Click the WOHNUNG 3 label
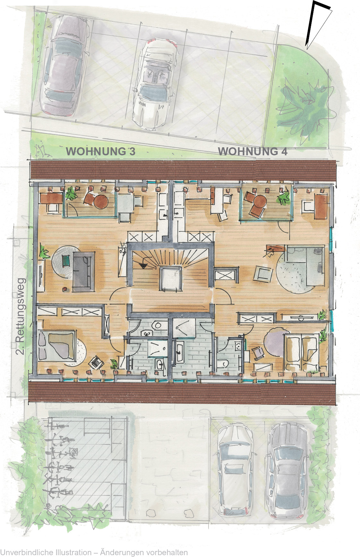coord(100,151)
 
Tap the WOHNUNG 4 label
coord(253,151)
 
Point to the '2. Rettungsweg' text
coord(20,316)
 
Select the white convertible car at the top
coord(155,84)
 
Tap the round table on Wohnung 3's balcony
coord(101,201)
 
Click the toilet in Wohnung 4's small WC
coord(225,364)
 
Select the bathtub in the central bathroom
coord(179,352)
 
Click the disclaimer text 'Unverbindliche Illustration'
coord(46,553)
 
